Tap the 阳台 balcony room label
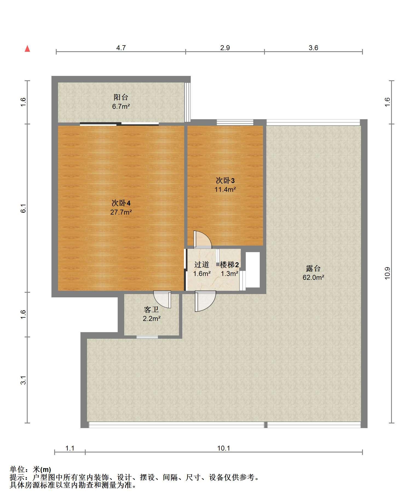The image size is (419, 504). pyautogui.click(x=121, y=97)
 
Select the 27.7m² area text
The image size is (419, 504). pyautogui.click(x=121, y=212)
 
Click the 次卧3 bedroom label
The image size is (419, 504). pyautogui.click(x=225, y=181)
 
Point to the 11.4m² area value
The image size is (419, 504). pyautogui.click(x=225, y=189)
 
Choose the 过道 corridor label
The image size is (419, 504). pyautogui.click(x=202, y=264)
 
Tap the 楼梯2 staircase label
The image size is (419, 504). pyautogui.click(x=229, y=265)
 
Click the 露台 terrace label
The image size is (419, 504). pyautogui.click(x=313, y=268)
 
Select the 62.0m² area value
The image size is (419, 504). pyautogui.click(x=313, y=277)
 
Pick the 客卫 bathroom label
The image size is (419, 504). pyautogui.click(x=151, y=310)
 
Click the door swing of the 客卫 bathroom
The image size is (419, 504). pyautogui.click(x=162, y=300)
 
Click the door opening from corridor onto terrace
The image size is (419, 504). pyautogui.click(x=205, y=301)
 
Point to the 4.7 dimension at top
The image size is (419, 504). pyautogui.click(x=121, y=48)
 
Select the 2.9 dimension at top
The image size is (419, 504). pyautogui.click(x=225, y=48)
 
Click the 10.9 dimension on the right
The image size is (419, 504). pyautogui.click(x=388, y=273)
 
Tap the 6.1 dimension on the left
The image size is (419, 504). pyautogui.click(x=24, y=208)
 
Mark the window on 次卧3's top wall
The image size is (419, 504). pyautogui.click(x=235, y=123)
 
